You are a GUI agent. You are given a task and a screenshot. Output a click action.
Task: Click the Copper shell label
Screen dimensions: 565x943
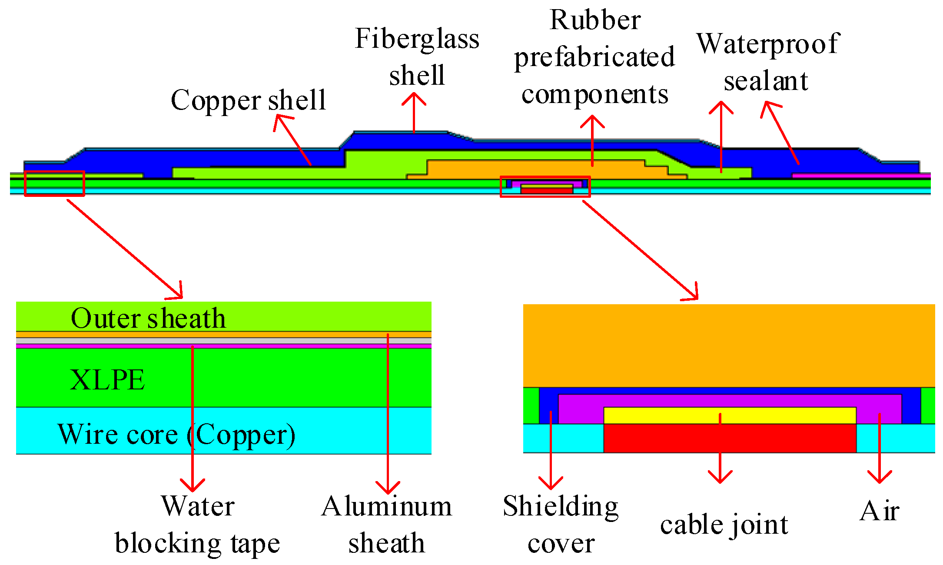click(248, 100)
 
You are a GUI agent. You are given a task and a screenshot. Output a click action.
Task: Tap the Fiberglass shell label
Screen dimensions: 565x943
click(417, 56)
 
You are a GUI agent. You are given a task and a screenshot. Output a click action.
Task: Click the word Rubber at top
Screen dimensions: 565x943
click(595, 20)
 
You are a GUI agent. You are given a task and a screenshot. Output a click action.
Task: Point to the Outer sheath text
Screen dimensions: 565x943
click(148, 318)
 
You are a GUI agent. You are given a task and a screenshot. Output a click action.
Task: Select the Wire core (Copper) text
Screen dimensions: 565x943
click(176, 434)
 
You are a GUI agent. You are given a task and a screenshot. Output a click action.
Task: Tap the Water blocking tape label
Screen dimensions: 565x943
click(197, 525)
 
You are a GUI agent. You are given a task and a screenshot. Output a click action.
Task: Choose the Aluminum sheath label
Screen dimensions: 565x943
click(386, 525)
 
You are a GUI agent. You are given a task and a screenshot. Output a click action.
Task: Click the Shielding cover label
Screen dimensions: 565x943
click(561, 525)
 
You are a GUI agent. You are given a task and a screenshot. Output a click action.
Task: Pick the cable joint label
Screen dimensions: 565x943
click(724, 525)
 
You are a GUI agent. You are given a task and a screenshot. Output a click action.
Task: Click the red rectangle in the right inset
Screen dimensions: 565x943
click(730, 438)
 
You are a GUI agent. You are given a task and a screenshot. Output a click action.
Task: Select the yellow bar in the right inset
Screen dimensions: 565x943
click(730, 415)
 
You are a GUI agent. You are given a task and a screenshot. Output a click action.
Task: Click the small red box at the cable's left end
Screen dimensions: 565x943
click(54, 183)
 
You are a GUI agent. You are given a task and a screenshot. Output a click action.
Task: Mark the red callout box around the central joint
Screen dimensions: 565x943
click(545, 177)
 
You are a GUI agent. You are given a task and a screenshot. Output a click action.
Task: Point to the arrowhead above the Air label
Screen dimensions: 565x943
click(880, 478)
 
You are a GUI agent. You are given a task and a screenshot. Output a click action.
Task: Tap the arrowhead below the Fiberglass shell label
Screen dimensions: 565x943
click(414, 98)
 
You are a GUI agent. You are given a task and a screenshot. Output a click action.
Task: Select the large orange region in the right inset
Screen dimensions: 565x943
click(729, 346)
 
